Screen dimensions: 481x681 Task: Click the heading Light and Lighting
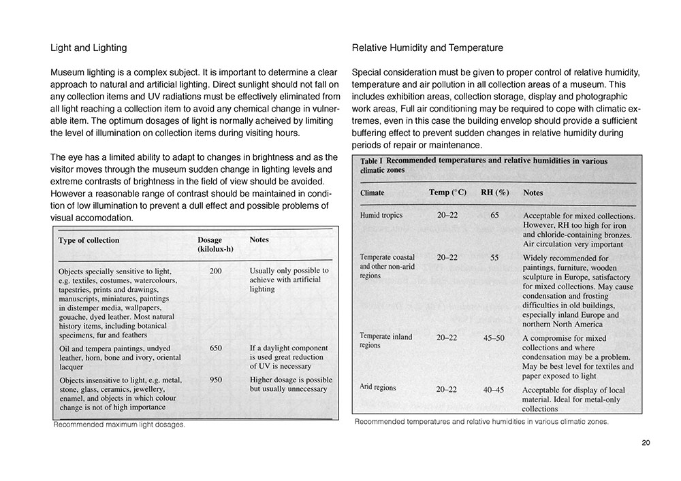(89, 48)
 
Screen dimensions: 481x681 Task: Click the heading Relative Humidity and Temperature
(428, 48)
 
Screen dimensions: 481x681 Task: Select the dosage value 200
(216, 271)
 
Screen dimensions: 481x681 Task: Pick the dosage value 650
(216, 348)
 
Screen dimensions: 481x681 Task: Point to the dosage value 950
(216, 380)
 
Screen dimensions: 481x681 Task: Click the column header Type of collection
(89, 240)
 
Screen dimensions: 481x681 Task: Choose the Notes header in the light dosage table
(259, 240)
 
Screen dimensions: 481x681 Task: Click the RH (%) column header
(495, 193)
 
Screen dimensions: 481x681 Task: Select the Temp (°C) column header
(447, 193)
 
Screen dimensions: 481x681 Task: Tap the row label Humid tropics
(381, 216)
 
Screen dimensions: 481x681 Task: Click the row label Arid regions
(378, 387)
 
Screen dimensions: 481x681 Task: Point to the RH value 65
(494, 216)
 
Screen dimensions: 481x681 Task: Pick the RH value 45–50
(494, 337)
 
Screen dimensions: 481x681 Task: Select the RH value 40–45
(494, 390)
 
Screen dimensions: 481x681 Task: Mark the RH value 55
(494, 258)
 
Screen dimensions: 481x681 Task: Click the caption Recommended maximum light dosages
(119, 425)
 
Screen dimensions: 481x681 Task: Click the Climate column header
(372, 193)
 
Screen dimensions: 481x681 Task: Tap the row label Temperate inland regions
(385, 341)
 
